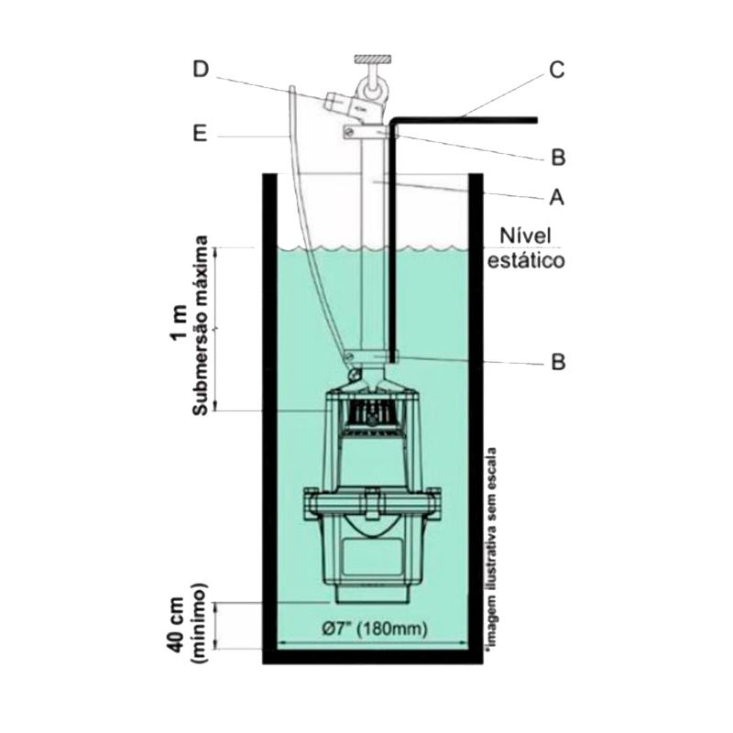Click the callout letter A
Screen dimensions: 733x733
[x=557, y=197]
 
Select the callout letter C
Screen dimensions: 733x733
[x=557, y=70]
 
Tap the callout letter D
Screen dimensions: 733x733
[x=201, y=70]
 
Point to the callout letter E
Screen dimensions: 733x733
[x=201, y=136]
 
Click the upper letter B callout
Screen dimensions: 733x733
[x=557, y=159]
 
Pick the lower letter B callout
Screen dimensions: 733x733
[x=557, y=362]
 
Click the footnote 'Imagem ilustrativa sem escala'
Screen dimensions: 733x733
[x=494, y=548]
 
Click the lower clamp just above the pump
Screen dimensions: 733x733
[x=370, y=356]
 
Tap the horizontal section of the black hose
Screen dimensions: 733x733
[x=467, y=119]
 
